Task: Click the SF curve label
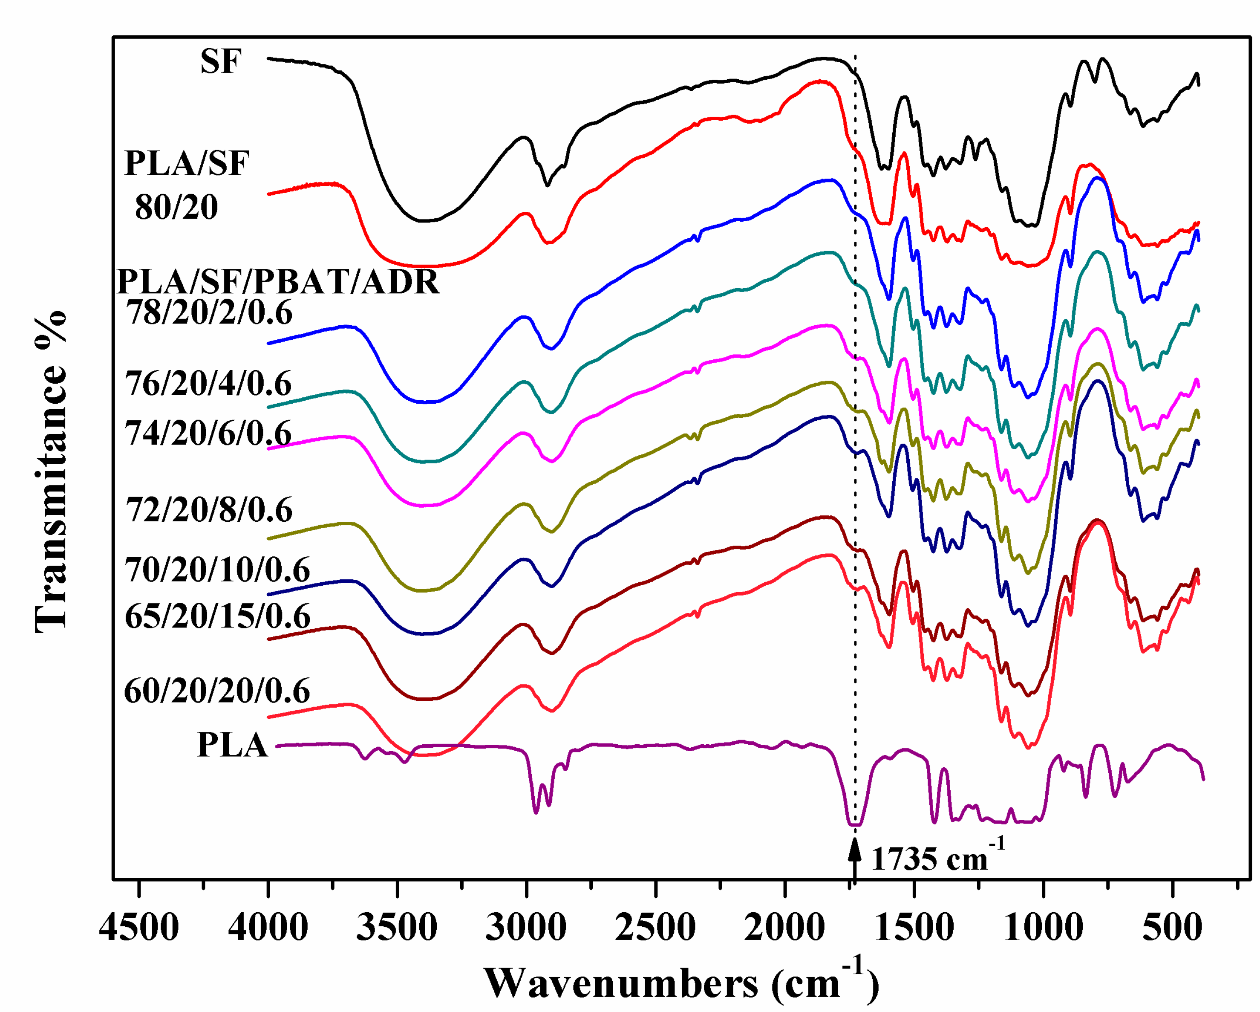220,61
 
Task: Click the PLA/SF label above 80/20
187,163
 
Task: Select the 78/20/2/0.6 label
210,313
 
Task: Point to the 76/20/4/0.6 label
208,384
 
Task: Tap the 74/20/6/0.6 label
208,433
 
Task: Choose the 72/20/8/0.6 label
209,510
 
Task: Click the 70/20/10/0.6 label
217,570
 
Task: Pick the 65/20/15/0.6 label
217,616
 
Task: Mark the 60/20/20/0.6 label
217,691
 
